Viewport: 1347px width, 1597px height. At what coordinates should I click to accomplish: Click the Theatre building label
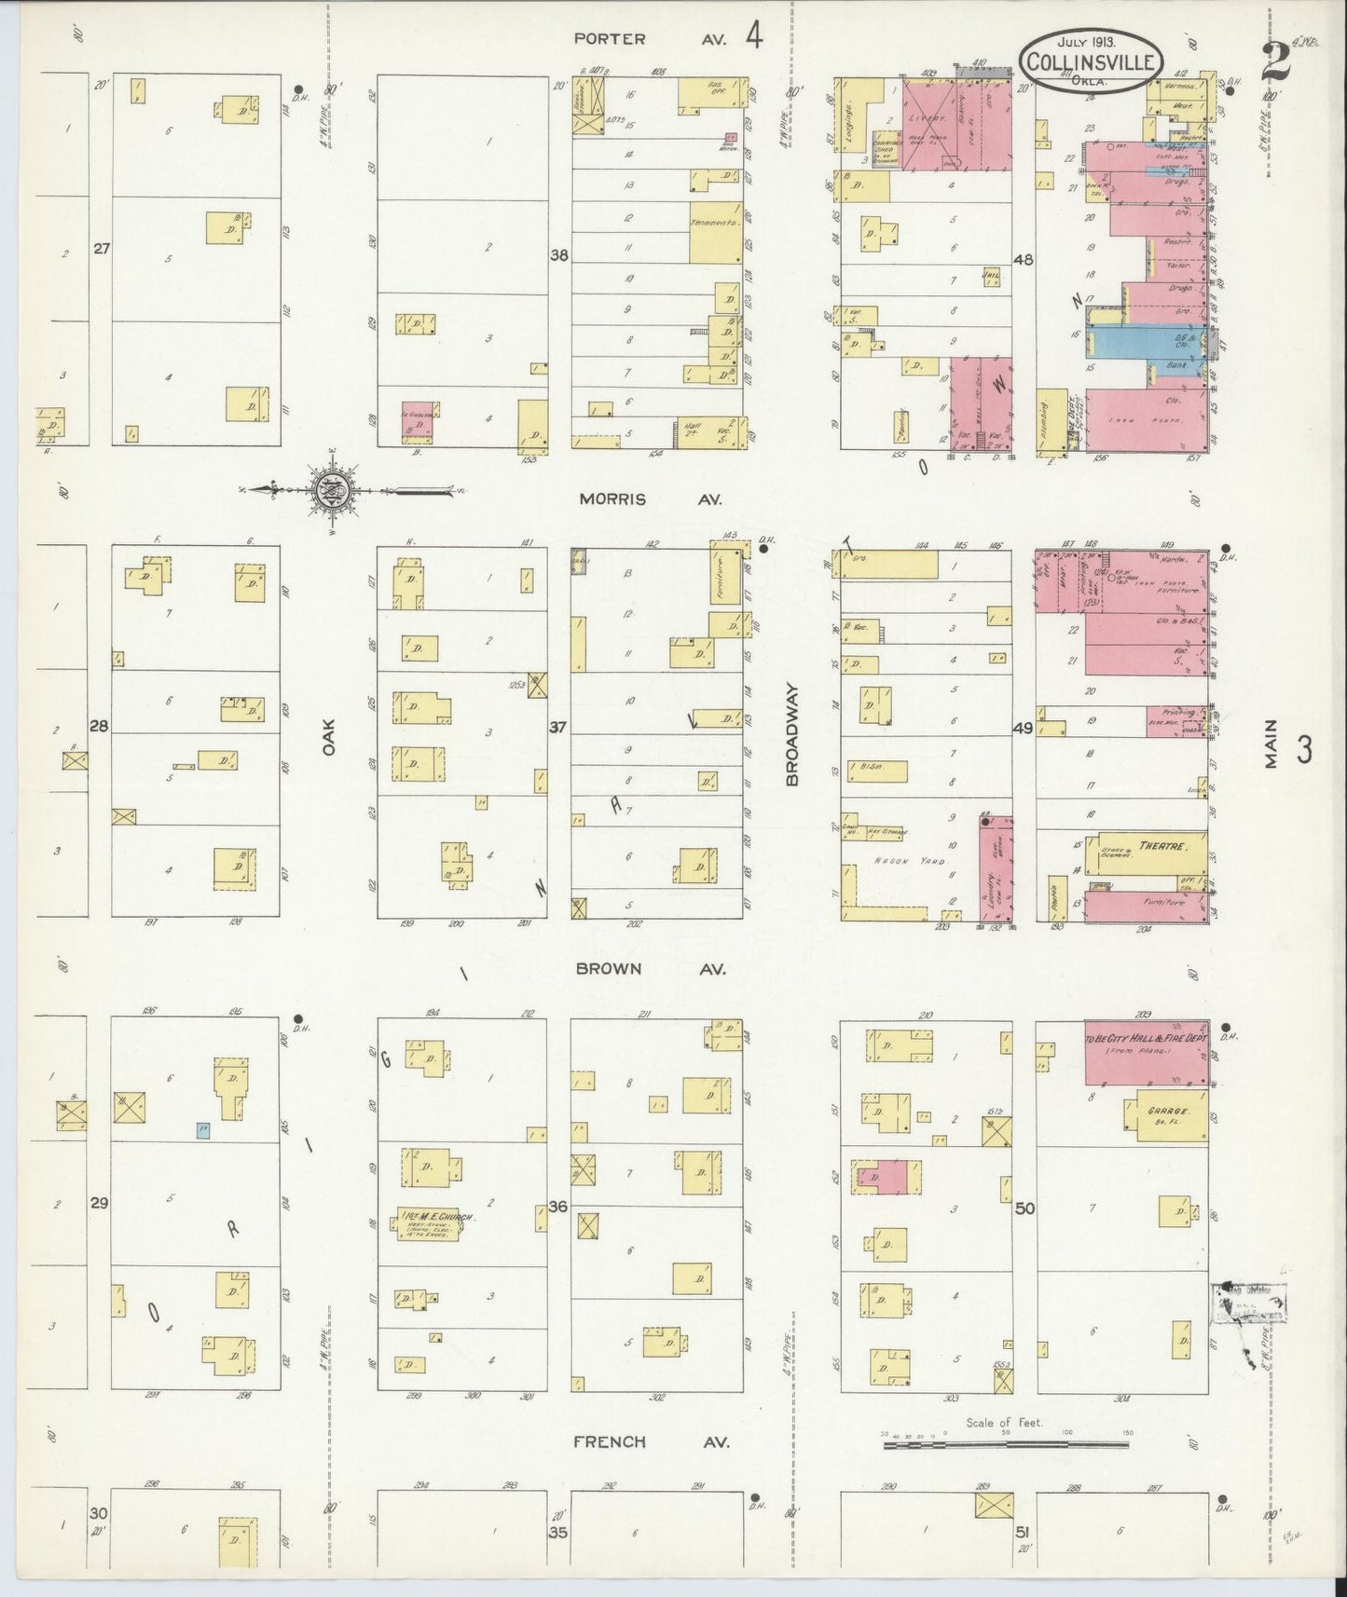1158,847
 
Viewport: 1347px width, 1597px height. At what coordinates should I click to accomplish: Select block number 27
102,249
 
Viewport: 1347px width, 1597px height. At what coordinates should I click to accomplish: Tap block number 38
558,254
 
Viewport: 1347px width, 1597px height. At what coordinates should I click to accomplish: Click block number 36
557,1207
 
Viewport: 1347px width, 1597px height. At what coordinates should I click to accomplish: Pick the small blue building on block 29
202,1130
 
